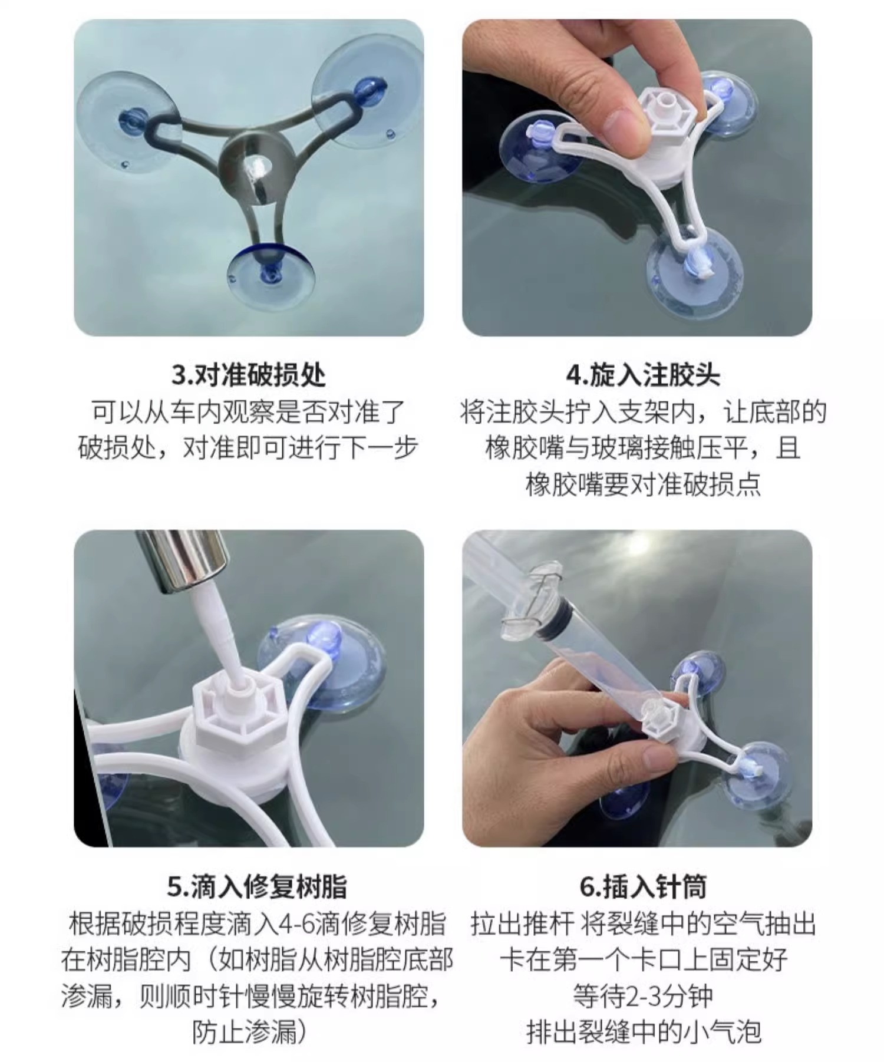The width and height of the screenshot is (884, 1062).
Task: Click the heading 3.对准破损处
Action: [248, 375]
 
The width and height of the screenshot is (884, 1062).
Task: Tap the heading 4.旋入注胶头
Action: [643, 375]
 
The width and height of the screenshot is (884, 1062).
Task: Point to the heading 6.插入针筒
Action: [643, 886]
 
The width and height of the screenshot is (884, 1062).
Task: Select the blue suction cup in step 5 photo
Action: [321, 663]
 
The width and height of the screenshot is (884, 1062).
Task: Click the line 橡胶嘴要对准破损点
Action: [643, 484]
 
